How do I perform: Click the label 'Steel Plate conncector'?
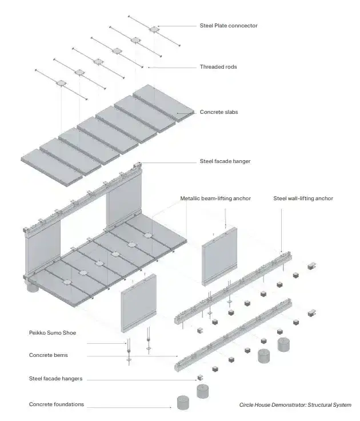(228, 26)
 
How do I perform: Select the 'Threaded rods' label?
(218, 67)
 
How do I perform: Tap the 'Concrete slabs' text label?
(218, 112)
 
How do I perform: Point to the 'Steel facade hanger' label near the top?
(225, 161)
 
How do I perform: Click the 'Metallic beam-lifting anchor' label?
(215, 198)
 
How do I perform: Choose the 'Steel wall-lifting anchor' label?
(303, 198)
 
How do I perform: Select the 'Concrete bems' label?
(48, 355)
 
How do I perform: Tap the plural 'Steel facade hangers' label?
(55, 379)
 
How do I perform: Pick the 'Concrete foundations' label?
(56, 404)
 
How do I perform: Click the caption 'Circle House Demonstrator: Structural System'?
(295, 405)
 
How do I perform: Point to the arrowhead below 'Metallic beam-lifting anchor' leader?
(226, 226)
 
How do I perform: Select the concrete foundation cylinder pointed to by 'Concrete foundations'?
(183, 402)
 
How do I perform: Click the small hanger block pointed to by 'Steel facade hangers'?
(201, 378)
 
